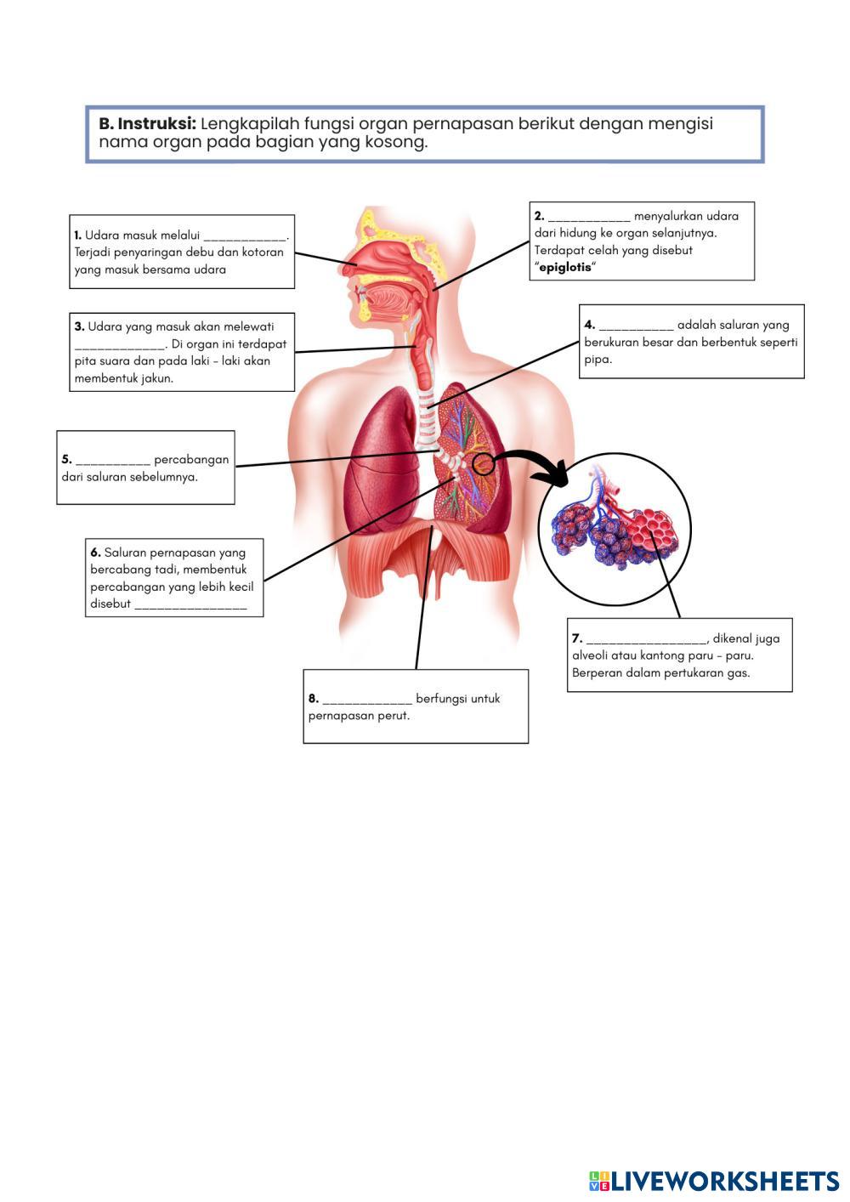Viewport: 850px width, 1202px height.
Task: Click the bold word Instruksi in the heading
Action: (x=156, y=124)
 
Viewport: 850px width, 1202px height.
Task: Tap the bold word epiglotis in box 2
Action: (x=565, y=268)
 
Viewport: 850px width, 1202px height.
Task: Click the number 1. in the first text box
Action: (x=77, y=235)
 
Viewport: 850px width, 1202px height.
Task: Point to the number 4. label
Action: (x=589, y=325)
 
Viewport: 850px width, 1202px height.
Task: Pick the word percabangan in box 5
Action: (x=191, y=460)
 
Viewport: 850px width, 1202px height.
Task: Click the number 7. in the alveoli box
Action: (x=576, y=638)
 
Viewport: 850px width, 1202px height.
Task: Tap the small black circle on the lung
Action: (x=483, y=463)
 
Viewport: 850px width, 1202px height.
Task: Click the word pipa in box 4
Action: (x=598, y=359)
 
